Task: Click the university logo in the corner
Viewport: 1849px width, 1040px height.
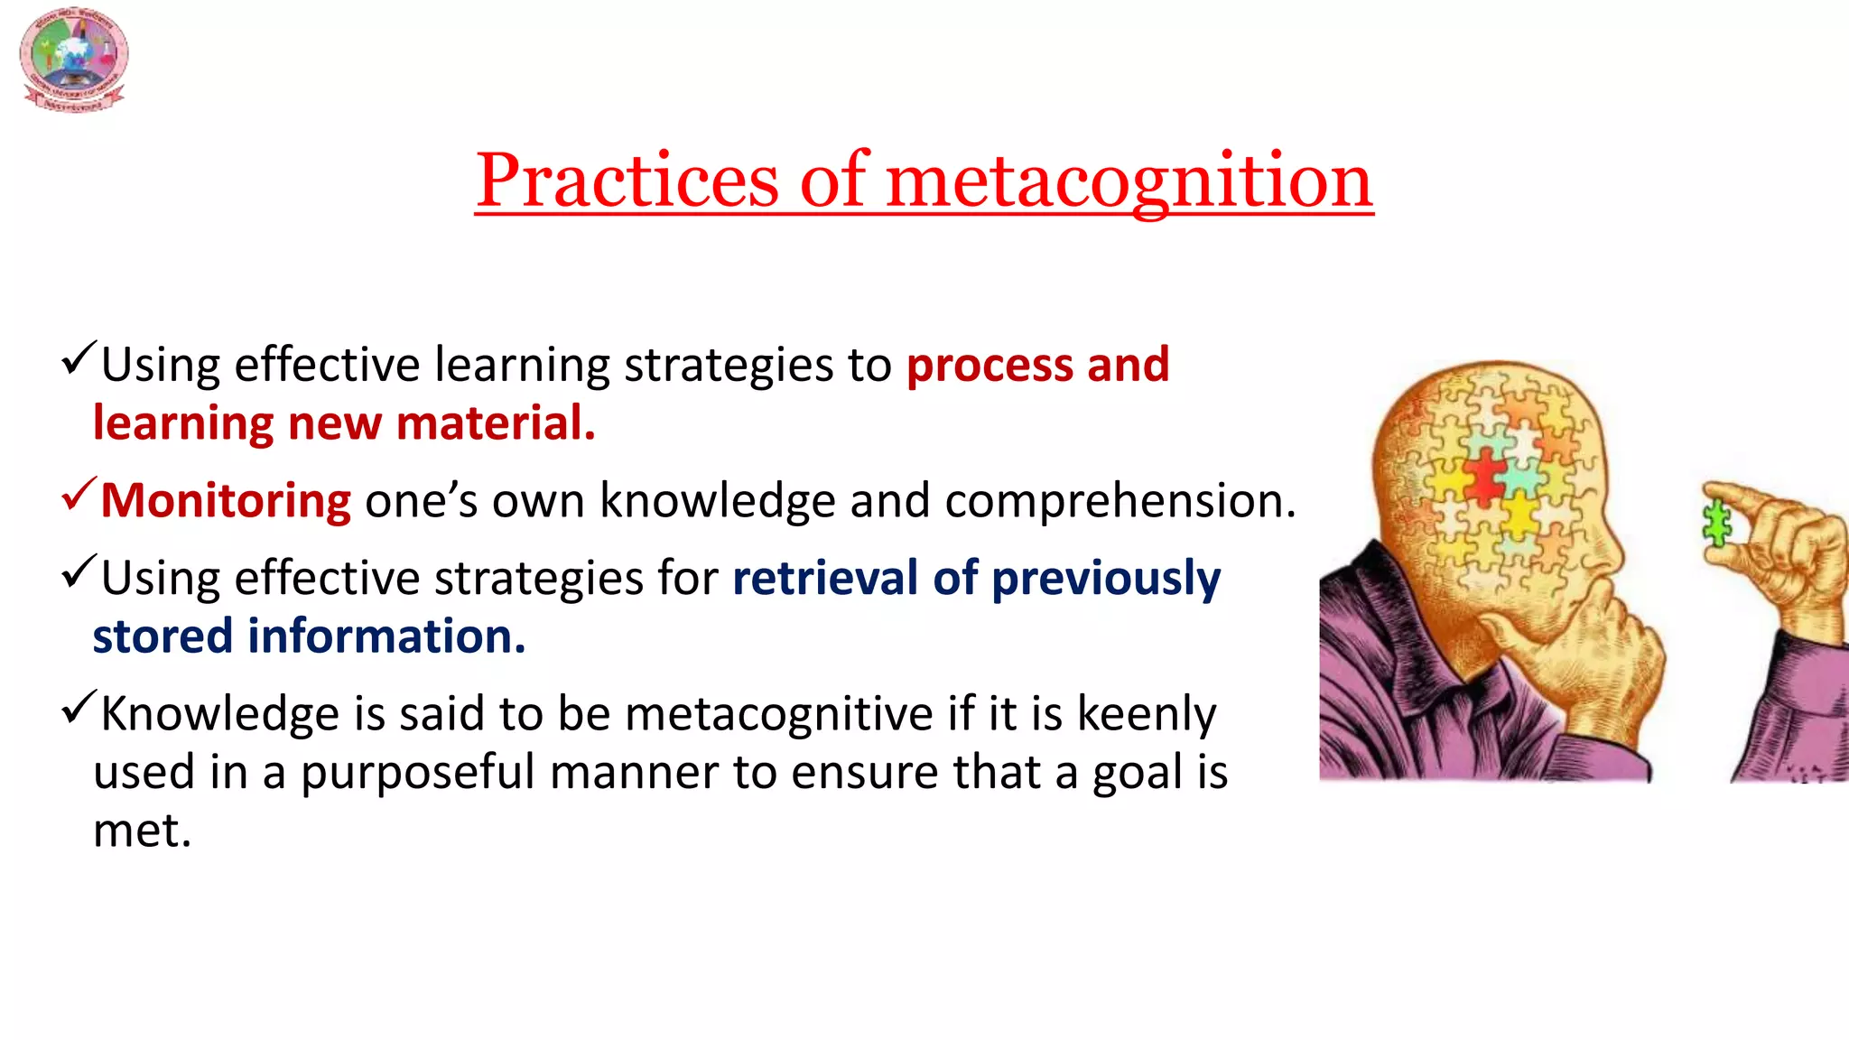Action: [73, 60]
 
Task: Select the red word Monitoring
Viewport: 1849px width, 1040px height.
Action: [226, 501]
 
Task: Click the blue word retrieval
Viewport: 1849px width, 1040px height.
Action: [825, 578]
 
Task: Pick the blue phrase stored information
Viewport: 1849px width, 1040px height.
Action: [309, 636]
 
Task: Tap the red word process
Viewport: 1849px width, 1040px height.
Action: [989, 365]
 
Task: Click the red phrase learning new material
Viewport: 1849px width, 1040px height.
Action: [343, 423]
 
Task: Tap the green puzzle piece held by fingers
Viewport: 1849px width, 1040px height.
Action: [1715, 524]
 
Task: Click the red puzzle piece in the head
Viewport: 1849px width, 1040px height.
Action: [1483, 477]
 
